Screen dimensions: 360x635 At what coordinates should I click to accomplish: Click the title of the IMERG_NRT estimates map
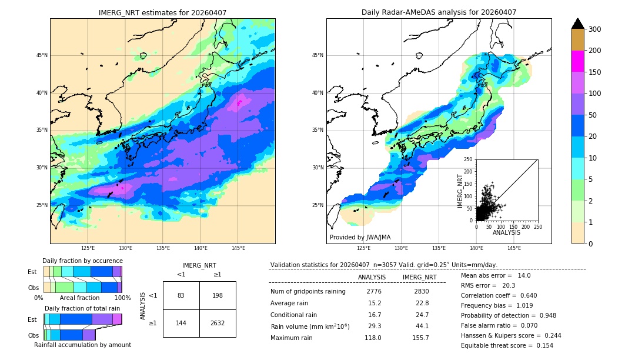(x=162, y=12)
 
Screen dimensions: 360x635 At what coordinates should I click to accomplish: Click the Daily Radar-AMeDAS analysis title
(x=439, y=12)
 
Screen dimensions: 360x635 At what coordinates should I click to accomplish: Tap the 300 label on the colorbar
(x=594, y=29)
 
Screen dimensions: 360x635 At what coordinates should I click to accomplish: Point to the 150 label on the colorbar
(x=594, y=72)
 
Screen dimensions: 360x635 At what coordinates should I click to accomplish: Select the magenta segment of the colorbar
(x=577, y=61)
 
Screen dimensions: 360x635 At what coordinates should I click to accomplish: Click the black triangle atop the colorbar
(x=577, y=24)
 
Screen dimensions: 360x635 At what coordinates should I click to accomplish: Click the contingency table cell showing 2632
(x=218, y=323)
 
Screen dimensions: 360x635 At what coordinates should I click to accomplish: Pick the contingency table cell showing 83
(x=181, y=295)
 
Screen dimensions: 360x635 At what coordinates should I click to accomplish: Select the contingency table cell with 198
(x=218, y=295)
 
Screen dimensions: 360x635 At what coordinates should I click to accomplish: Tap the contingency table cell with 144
(x=181, y=323)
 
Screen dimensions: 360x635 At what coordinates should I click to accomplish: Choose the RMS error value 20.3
(x=509, y=285)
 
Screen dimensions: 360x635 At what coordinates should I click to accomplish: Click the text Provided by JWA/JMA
(x=360, y=237)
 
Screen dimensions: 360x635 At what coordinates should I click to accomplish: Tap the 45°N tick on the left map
(x=42, y=55)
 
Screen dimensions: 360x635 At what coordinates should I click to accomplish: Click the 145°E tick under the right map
(x=514, y=248)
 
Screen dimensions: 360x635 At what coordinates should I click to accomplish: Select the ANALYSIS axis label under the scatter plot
(x=506, y=232)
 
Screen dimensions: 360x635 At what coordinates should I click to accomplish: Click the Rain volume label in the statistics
(x=310, y=326)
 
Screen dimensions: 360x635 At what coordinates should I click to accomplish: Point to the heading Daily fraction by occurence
(x=82, y=261)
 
